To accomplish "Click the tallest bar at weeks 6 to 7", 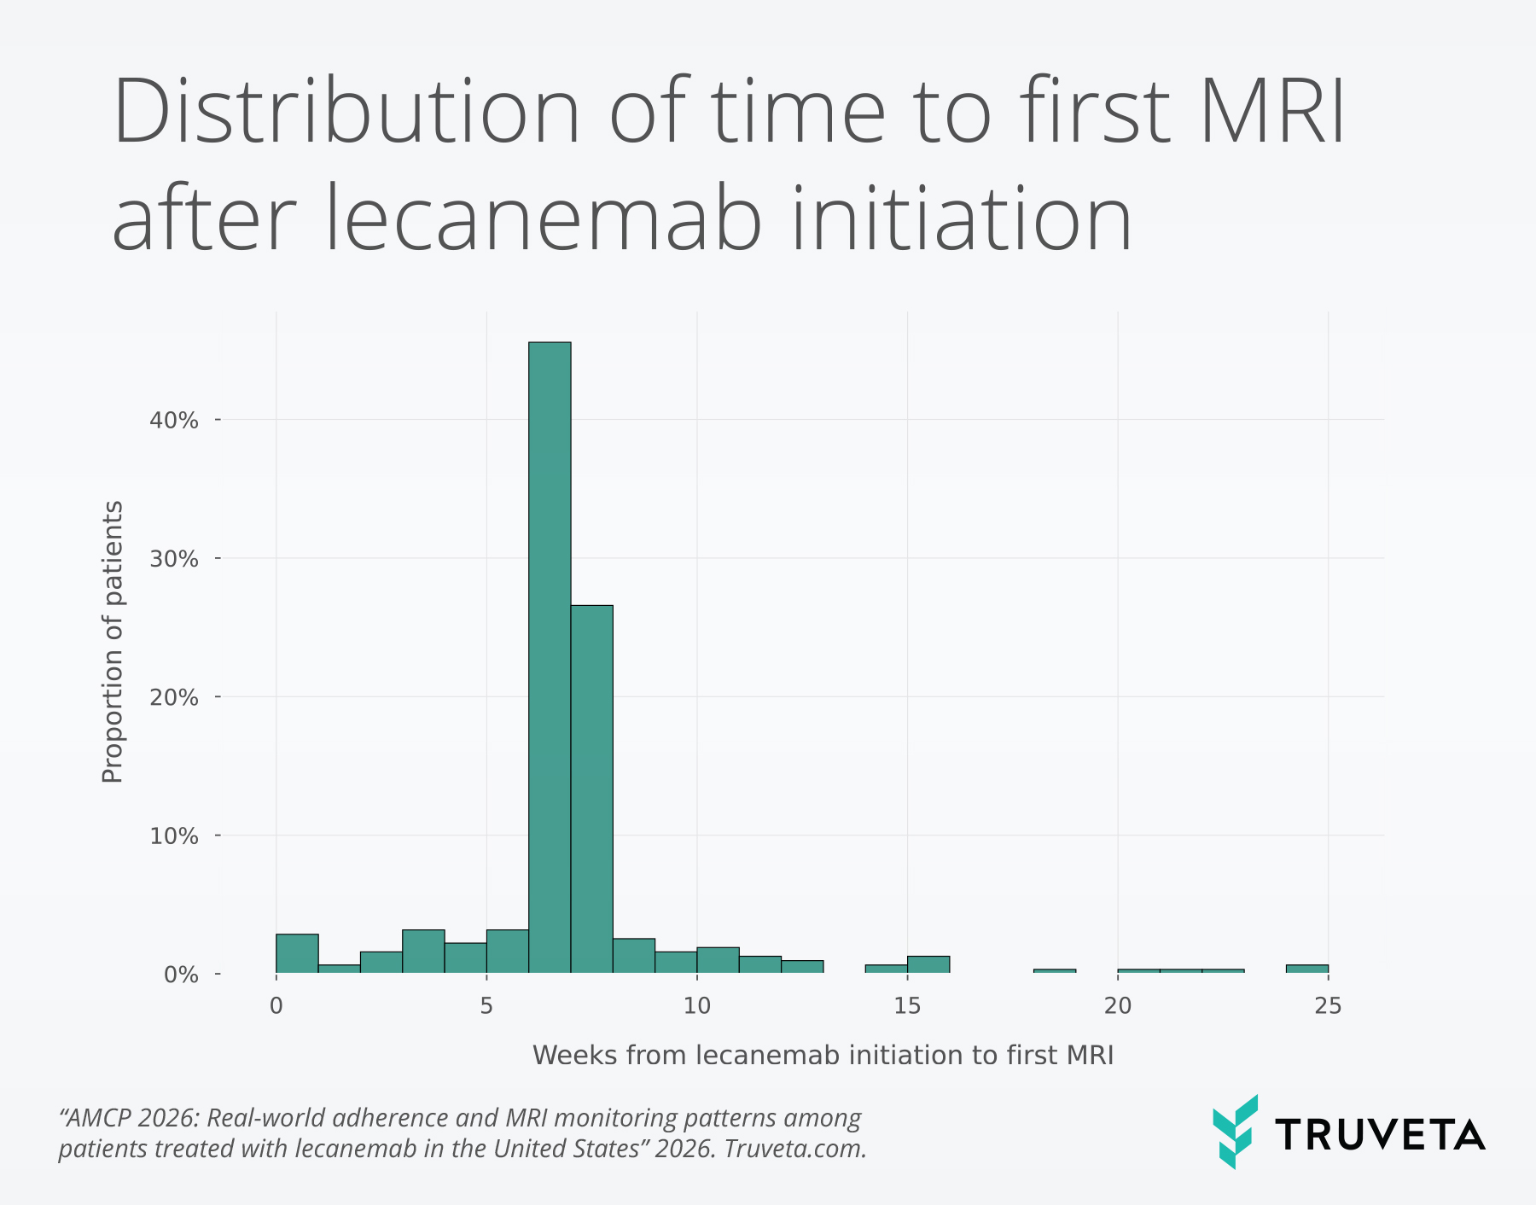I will [x=550, y=657].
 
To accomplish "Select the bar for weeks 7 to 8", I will [x=591, y=789].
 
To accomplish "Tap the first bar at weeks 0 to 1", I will [x=297, y=954].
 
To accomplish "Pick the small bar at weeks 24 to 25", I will [x=1306, y=969].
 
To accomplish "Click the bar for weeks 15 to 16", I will [x=928, y=964].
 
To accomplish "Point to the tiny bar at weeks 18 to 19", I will [x=1054, y=971].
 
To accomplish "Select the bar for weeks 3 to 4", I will [x=423, y=952].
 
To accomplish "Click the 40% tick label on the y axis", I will [x=174, y=421].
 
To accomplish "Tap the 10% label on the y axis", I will [x=174, y=836].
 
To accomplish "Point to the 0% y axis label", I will [x=180, y=975].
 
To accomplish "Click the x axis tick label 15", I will [x=907, y=1006].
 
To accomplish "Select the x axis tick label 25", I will [x=1328, y=1006].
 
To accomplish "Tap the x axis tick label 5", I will [x=486, y=1006].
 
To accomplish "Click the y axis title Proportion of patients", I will [x=113, y=642].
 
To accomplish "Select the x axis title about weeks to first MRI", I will [x=823, y=1056].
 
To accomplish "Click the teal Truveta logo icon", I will [x=1235, y=1132].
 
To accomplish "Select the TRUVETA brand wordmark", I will [x=1380, y=1135].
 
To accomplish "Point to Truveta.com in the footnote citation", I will [x=795, y=1149].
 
